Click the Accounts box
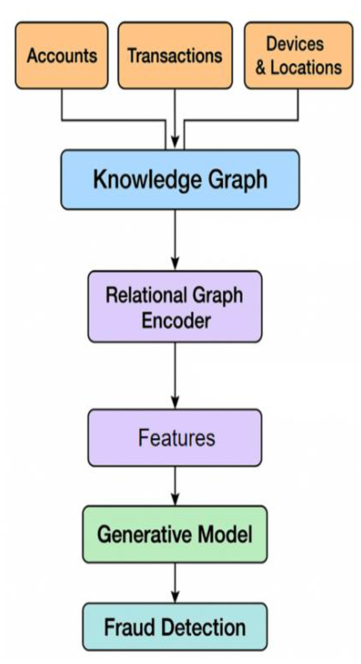tap(62, 55)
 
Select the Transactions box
tap(175, 55)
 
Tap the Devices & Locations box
tap(298, 55)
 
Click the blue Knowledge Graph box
tap(180, 179)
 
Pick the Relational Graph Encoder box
tap(175, 307)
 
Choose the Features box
tap(175, 437)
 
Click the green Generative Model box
tap(175, 534)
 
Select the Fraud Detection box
tap(175, 627)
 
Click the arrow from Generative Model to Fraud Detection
tap(175, 581)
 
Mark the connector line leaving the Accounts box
tap(62, 105)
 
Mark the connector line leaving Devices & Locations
tap(297, 105)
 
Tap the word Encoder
tap(176, 321)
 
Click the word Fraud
tap(129, 627)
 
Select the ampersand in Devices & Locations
tap(261, 68)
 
